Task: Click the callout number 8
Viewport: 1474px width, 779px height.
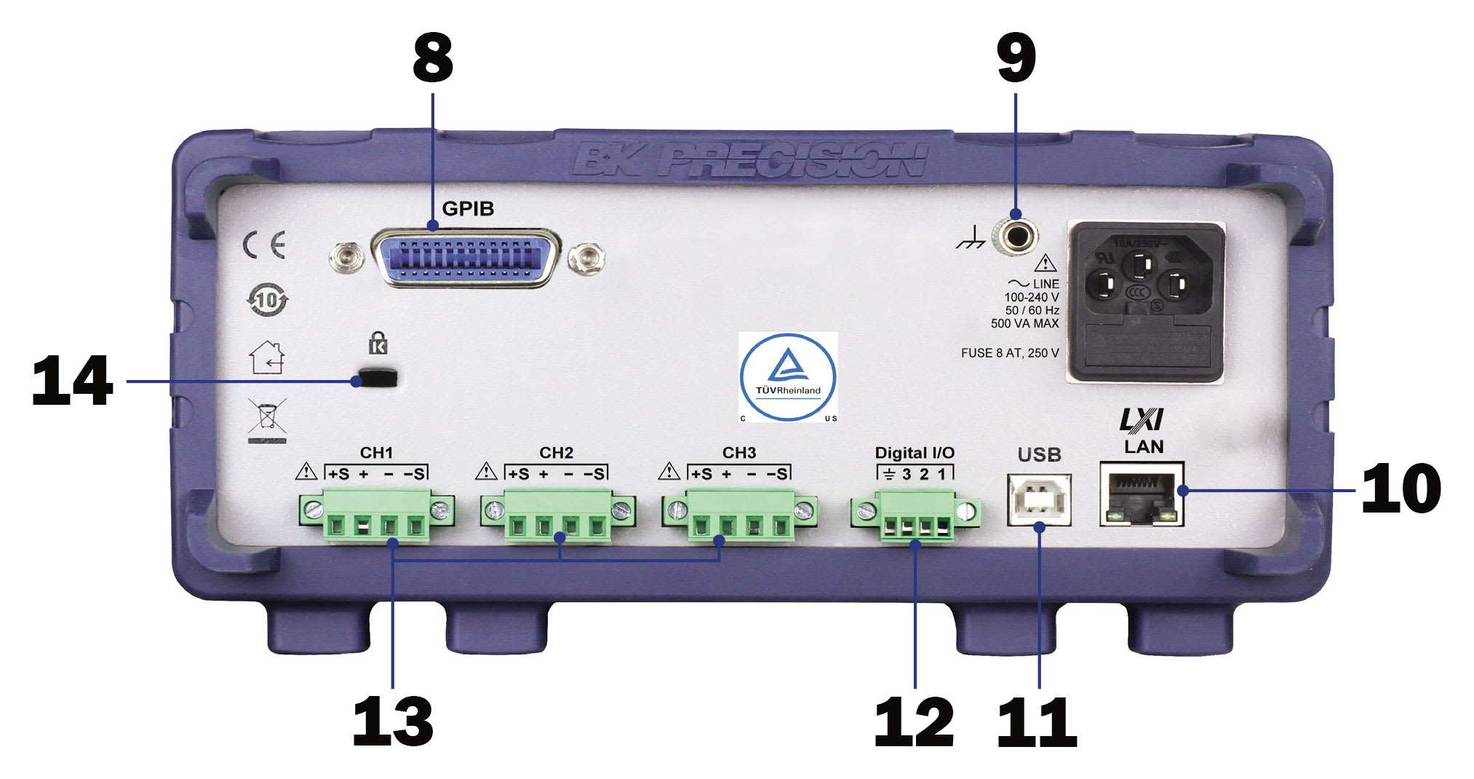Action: pyautogui.click(x=432, y=58)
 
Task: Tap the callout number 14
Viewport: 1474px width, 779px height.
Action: pyautogui.click(x=72, y=381)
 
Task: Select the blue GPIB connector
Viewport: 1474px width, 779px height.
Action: pyautogui.click(x=466, y=258)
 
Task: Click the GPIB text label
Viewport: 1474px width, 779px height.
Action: pyautogui.click(x=468, y=209)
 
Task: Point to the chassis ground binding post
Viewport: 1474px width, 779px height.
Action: pyautogui.click(x=1017, y=237)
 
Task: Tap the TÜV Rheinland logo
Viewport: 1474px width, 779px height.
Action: pyautogui.click(x=788, y=377)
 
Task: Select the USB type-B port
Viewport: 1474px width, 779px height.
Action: pyautogui.click(x=1039, y=500)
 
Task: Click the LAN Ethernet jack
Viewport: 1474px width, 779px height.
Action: pyautogui.click(x=1142, y=494)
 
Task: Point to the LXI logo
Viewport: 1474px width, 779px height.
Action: pyautogui.click(x=1142, y=420)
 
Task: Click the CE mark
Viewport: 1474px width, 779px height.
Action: pyautogui.click(x=264, y=245)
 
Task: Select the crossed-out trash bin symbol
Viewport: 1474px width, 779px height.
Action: pyautogui.click(x=267, y=417)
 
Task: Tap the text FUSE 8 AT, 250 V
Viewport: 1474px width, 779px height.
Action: pyautogui.click(x=1009, y=353)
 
